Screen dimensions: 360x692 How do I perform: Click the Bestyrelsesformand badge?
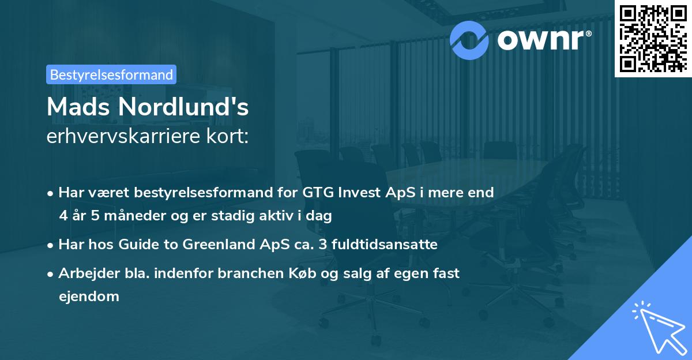pyautogui.click(x=111, y=74)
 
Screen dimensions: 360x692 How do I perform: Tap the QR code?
pyautogui.click(x=653, y=38)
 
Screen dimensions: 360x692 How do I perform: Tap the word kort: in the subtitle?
pyautogui.click(x=228, y=137)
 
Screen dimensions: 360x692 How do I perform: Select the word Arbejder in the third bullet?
pyautogui.click(x=85, y=273)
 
